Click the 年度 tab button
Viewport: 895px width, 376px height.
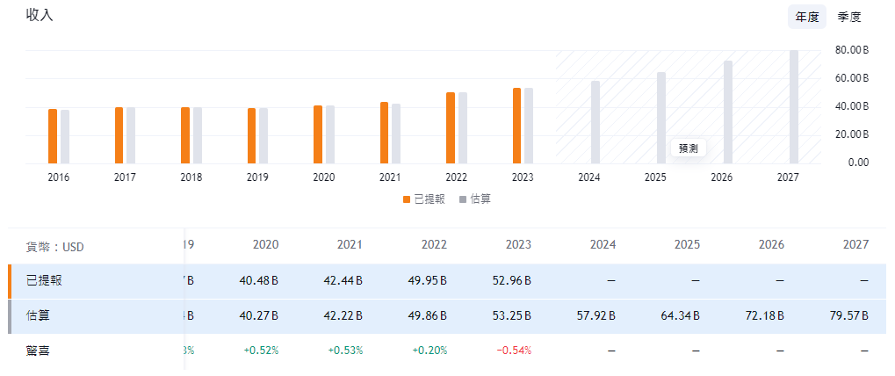[807, 17]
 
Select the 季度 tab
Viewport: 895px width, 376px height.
[849, 17]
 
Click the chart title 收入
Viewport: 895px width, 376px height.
[40, 15]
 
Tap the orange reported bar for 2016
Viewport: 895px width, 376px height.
[53, 136]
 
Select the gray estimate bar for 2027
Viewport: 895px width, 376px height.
[794, 106]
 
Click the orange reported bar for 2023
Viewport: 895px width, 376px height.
[517, 126]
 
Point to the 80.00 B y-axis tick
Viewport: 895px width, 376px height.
[851, 50]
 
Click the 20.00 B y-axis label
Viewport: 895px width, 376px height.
[851, 134]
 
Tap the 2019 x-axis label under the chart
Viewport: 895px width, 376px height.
[257, 177]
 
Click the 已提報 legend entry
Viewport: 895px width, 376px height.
[425, 199]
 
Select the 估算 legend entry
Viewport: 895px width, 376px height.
[474, 199]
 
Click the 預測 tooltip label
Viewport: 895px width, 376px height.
[689, 148]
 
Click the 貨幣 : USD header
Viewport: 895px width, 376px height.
[54, 248]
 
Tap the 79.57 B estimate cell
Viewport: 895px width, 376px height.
[848, 315]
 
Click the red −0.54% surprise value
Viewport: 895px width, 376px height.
[514, 351]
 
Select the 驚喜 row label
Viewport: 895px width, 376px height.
[39, 351]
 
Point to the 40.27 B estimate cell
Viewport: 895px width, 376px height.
[257, 315]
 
